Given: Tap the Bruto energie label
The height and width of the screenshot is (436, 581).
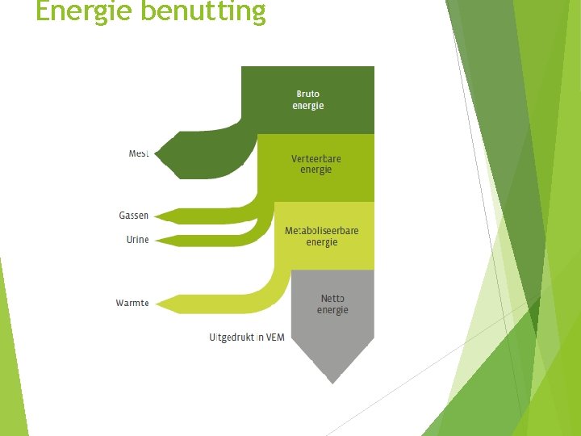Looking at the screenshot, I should coord(307,100).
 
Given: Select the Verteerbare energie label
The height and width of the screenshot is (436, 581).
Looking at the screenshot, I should coord(316,164).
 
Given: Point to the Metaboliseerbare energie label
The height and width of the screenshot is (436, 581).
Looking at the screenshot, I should coord(321,237).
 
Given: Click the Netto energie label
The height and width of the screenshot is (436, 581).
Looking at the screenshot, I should coord(332,304).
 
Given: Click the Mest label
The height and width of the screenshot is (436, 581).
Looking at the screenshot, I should coord(139,153).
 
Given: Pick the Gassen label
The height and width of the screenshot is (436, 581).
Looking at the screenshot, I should coord(134,216).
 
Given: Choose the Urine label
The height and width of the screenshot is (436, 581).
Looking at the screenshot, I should coord(137,240).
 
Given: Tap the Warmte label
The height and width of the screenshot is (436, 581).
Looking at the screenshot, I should coord(132,303).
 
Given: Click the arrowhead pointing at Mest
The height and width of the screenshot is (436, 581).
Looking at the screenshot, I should coord(161,153).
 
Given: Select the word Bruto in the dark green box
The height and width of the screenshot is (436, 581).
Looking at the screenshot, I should coord(307,94).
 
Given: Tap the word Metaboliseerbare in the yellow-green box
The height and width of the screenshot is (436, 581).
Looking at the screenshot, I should coord(321,231).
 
